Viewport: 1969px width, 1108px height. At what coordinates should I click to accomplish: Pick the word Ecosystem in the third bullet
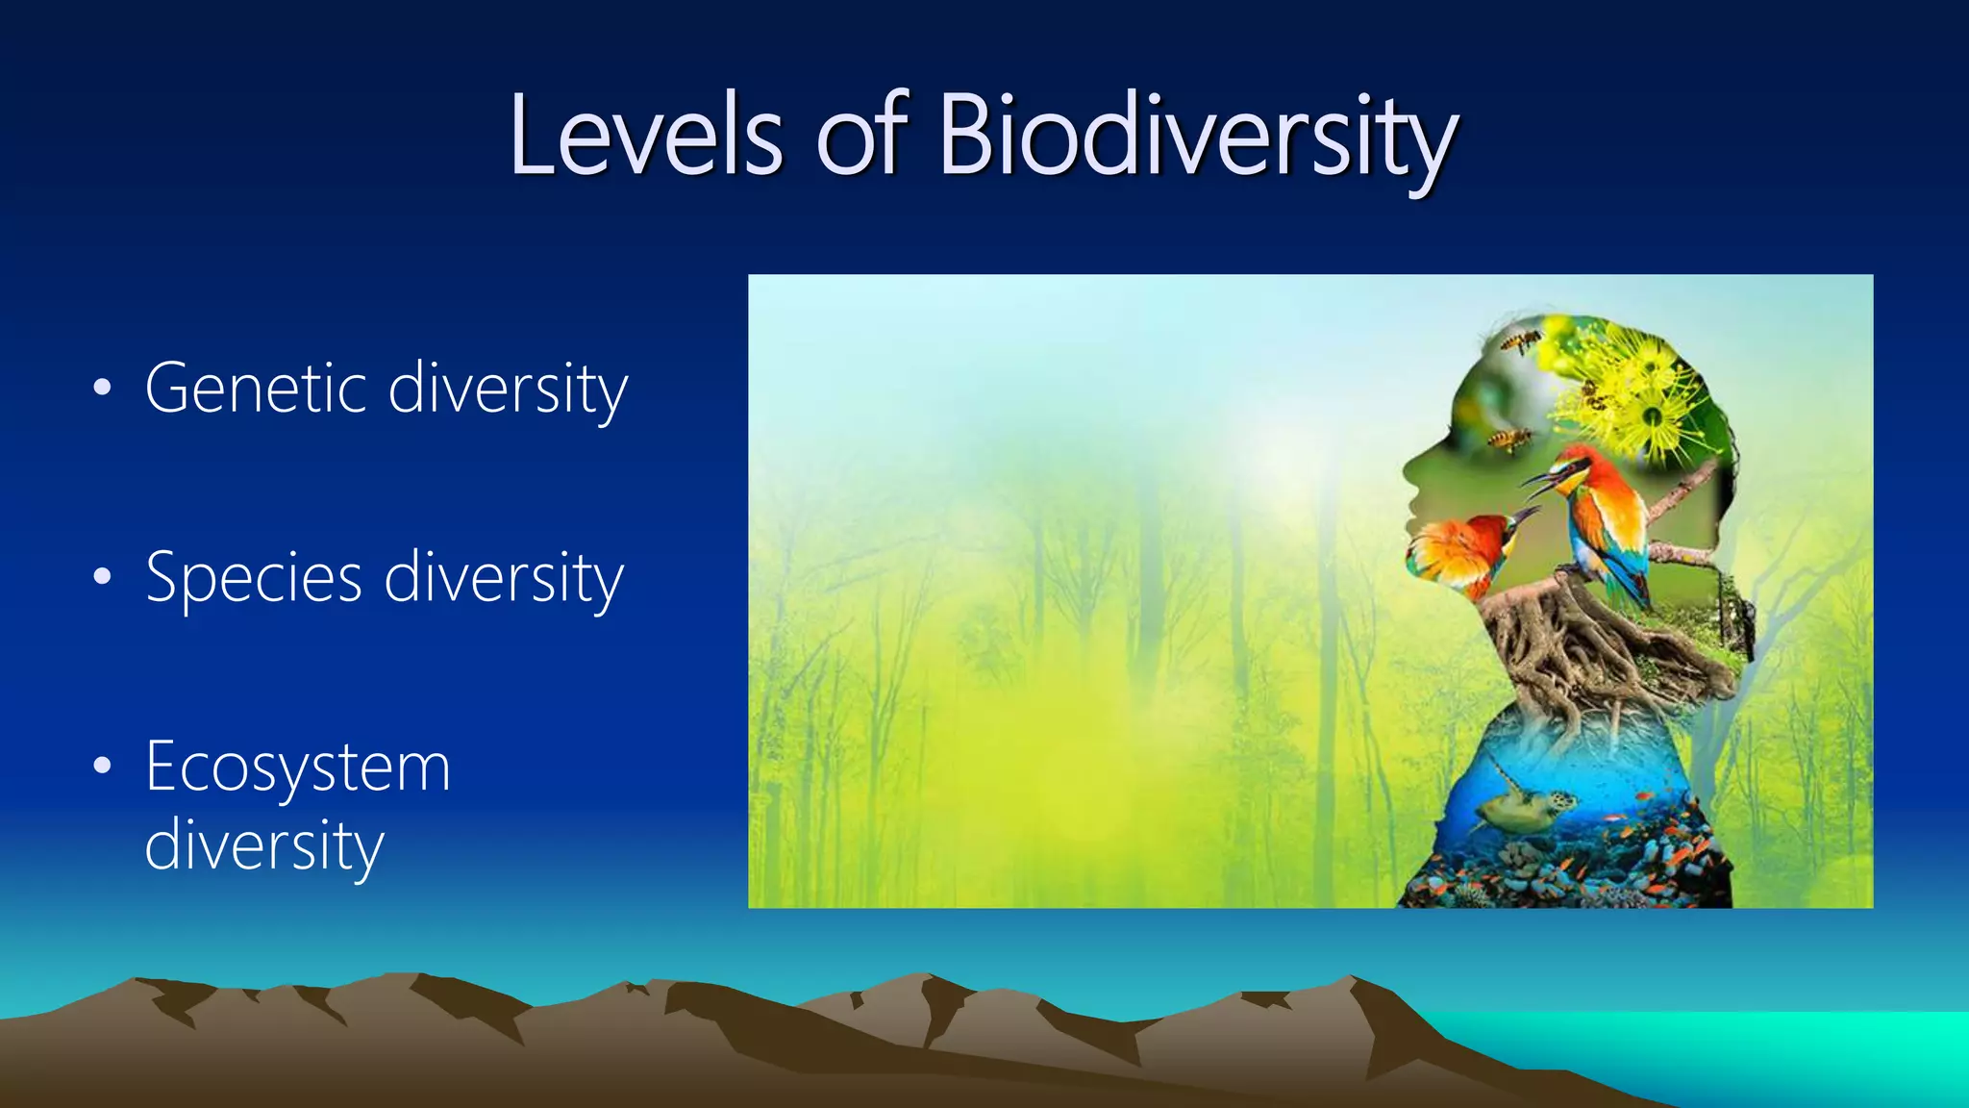pyautogui.click(x=297, y=768)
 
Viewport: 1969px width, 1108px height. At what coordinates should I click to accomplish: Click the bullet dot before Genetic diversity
pyautogui.click(x=103, y=389)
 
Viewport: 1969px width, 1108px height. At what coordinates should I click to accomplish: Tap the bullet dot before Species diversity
pyautogui.click(x=103, y=578)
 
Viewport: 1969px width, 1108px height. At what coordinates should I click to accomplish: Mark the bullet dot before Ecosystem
pyautogui.click(x=103, y=768)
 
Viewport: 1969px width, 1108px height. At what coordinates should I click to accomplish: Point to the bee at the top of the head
pyautogui.click(x=1522, y=340)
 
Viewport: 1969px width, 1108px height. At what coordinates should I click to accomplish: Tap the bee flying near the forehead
pyautogui.click(x=1509, y=441)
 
